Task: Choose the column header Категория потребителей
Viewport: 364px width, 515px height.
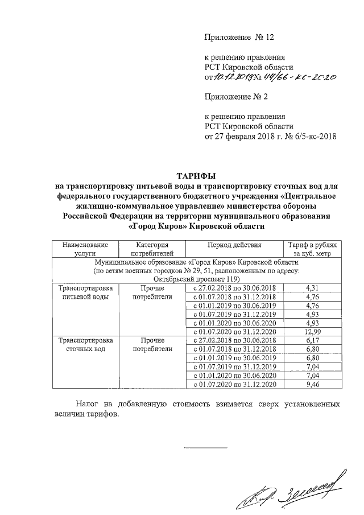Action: click(x=150, y=249)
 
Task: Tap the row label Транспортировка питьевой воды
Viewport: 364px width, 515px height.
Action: click(x=85, y=292)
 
